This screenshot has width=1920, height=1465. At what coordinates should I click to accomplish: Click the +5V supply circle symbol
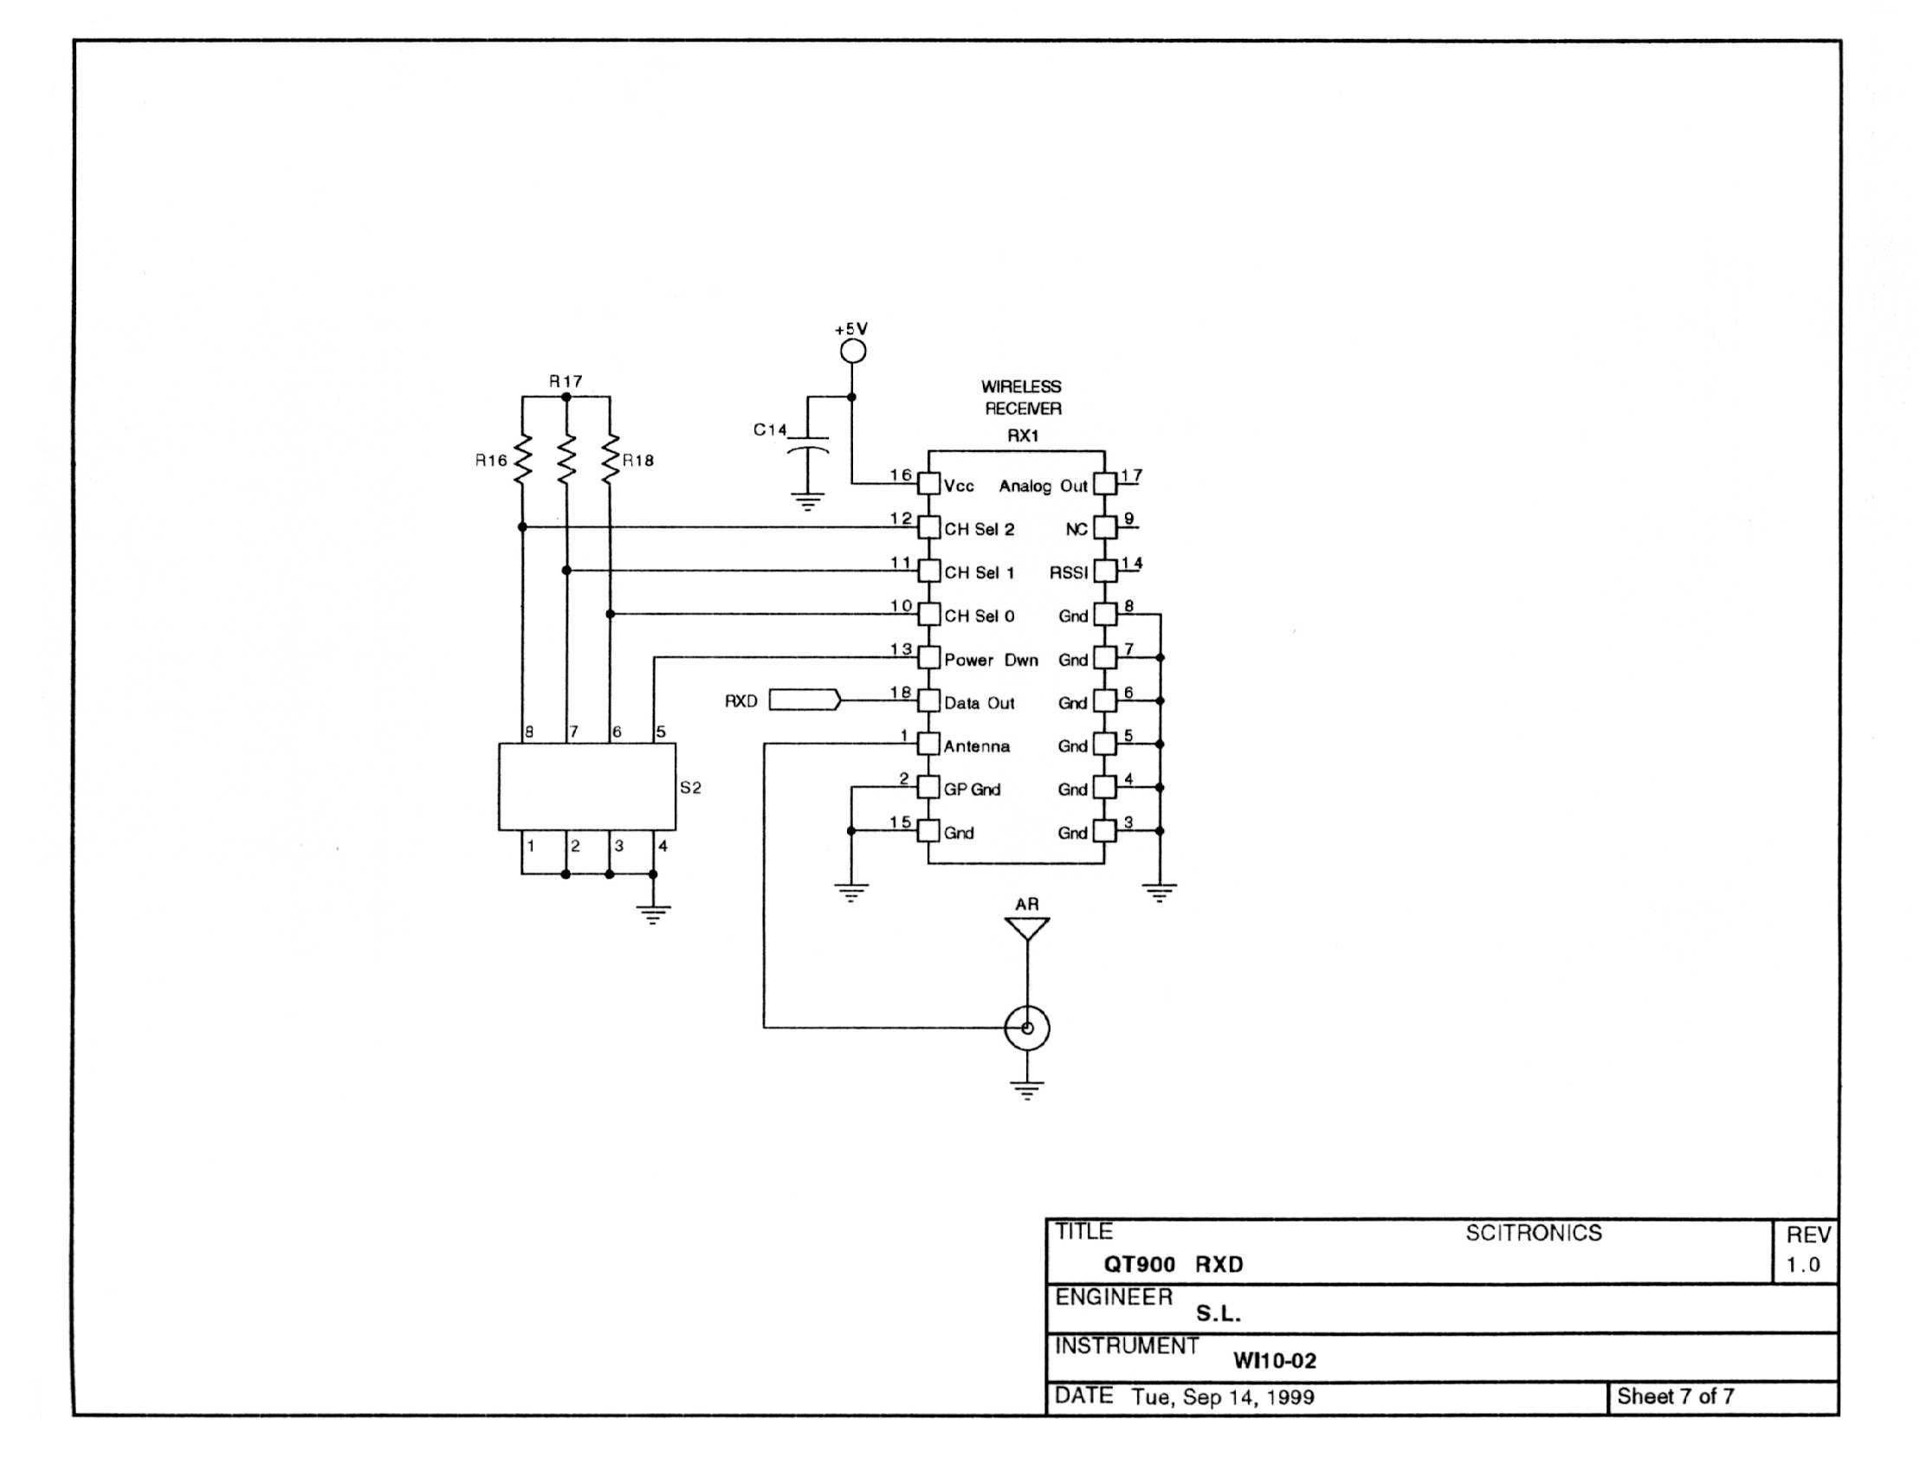click(852, 352)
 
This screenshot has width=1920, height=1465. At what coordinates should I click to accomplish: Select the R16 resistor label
click(490, 461)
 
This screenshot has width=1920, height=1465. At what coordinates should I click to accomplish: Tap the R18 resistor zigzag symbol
click(610, 459)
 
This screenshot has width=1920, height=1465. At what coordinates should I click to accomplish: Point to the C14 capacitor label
click(769, 430)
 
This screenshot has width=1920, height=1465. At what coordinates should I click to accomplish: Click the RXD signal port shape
click(805, 700)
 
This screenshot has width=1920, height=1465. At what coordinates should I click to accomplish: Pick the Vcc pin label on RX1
click(958, 486)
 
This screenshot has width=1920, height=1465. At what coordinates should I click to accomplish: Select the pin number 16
click(901, 475)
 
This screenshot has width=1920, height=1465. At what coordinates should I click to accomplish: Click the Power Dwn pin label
click(990, 660)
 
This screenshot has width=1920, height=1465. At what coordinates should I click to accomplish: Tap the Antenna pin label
click(976, 746)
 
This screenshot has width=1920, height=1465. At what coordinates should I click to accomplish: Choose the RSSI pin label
click(1068, 573)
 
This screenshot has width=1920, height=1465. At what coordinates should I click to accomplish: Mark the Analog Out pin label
click(1043, 486)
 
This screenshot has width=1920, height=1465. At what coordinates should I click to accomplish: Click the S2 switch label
click(690, 788)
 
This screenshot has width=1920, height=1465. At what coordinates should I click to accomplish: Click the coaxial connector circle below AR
click(1027, 1029)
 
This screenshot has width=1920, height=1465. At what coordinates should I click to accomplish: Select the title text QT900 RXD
click(1173, 1264)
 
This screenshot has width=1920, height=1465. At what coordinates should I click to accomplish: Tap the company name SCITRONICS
click(1533, 1233)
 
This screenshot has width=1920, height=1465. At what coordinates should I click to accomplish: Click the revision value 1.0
click(1802, 1265)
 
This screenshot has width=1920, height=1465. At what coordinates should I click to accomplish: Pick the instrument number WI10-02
click(1274, 1360)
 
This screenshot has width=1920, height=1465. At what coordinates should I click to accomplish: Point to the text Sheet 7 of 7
click(1675, 1396)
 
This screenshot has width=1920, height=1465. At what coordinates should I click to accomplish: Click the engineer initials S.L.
click(1218, 1314)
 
